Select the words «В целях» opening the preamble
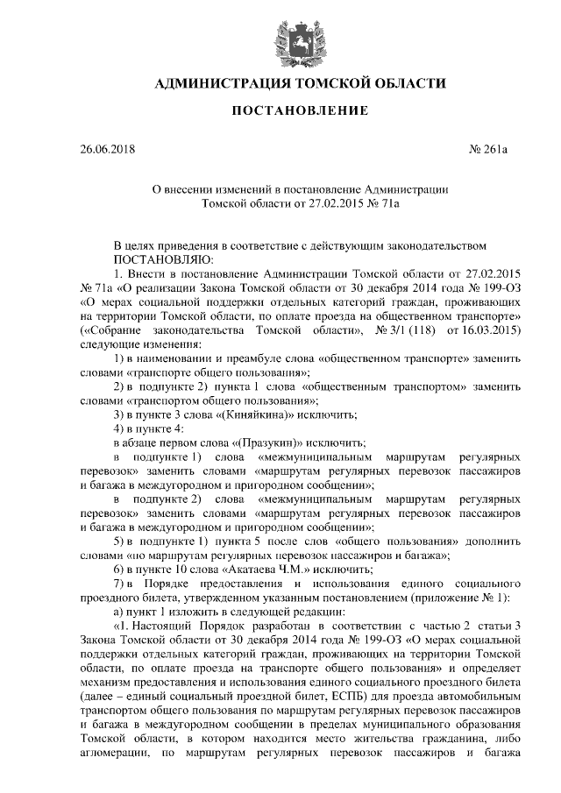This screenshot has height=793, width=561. pos(136,245)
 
